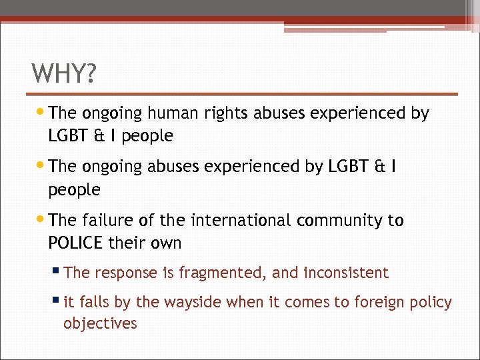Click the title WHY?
point(64,73)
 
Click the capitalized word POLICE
point(75,243)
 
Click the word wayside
point(189,302)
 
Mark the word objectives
point(100,324)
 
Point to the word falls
point(95,302)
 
